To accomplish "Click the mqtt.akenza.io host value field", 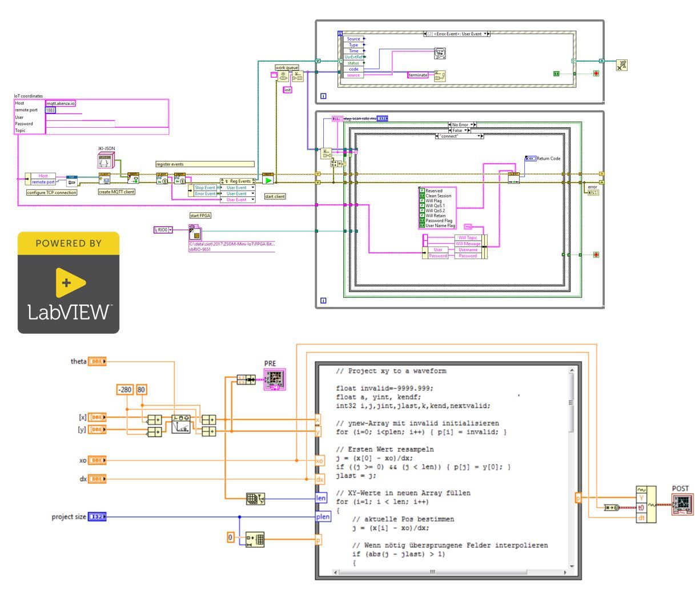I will click(x=61, y=103).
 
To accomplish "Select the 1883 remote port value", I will click(x=50, y=110).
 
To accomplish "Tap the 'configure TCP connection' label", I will click(x=51, y=193).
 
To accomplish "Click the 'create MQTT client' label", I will click(x=117, y=192).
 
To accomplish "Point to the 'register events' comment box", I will click(x=204, y=164).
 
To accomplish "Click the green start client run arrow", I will click(x=268, y=180).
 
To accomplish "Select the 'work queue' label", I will click(x=287, y=68).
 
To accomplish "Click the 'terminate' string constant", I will click(x=418, y=75).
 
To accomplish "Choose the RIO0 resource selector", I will click(x=163, y=230).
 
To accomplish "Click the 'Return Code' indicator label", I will click(x=548, y=158).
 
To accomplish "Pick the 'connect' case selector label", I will click(x=459, y=136).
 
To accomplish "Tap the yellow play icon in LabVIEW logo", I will click(x=70, y=282).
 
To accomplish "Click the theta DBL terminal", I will click(x=97, y=361).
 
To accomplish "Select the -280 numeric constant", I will click(x=124, y=390).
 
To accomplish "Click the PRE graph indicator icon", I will click(x=275, y=379).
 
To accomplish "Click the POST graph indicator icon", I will click(x=682, y=505).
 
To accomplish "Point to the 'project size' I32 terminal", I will click(x=97, y=517).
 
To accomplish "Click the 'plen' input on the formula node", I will click(x=323, y=517).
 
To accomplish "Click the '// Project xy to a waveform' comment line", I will click(x=391, y=371).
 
